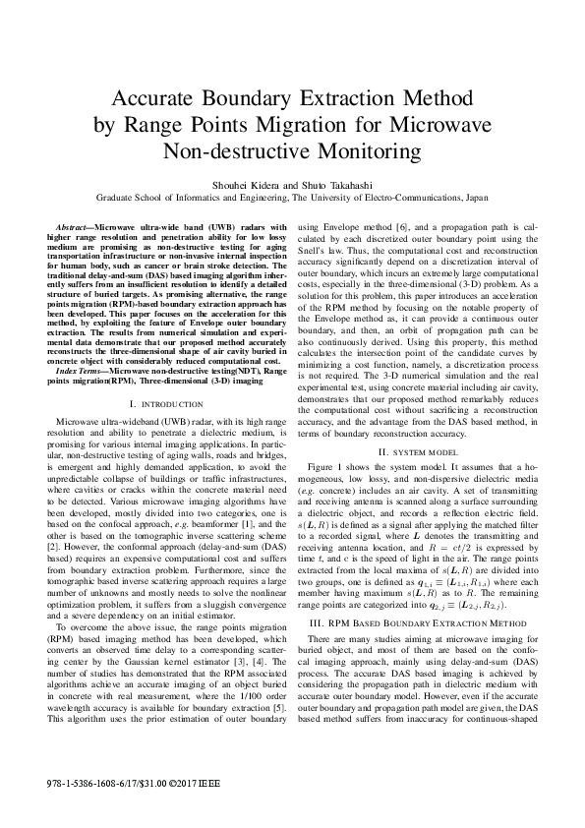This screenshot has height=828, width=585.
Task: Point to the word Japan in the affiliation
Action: (502, 196)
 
